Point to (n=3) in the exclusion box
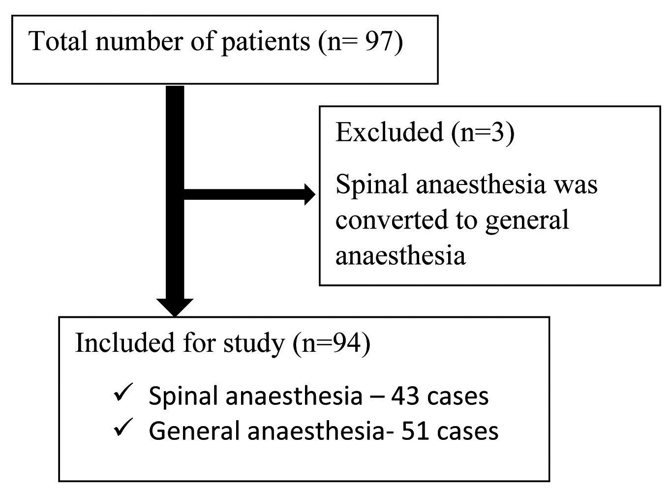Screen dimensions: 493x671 483,133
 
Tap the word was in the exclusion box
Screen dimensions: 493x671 576,185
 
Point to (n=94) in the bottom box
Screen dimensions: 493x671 332,343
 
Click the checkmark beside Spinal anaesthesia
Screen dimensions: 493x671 121,394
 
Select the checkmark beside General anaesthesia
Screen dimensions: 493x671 121,430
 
